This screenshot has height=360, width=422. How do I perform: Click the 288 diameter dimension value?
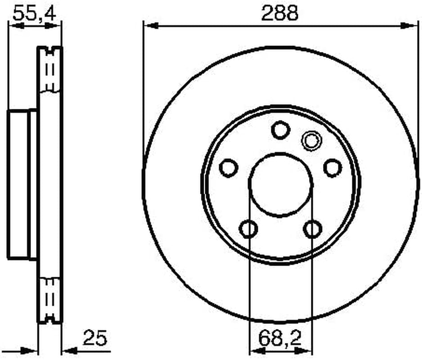280,13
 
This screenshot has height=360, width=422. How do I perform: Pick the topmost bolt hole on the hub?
281,130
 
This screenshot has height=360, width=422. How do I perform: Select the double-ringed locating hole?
311,140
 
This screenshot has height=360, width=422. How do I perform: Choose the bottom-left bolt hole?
248,229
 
